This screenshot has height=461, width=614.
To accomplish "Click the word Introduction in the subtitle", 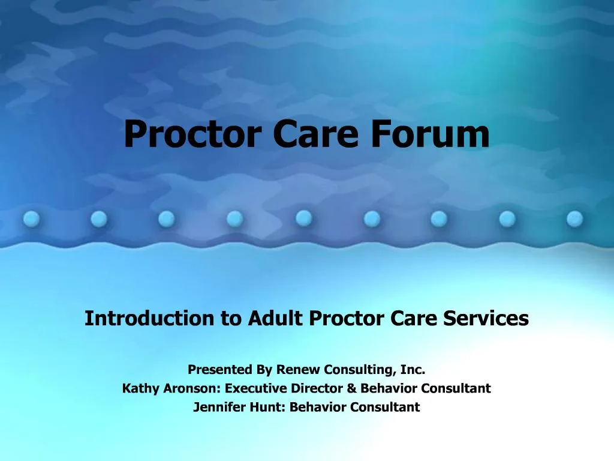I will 150,318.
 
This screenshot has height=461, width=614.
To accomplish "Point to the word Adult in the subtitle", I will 276,318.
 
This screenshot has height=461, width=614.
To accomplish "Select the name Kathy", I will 139,388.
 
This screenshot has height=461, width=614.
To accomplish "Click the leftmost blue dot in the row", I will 31,220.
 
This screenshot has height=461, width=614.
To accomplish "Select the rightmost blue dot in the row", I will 575,218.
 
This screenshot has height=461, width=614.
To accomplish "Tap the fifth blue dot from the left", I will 303,217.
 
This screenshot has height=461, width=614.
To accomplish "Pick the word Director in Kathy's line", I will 317,388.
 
